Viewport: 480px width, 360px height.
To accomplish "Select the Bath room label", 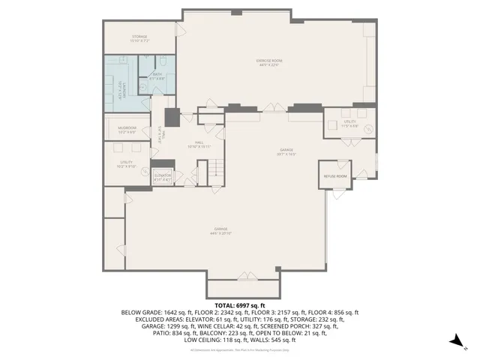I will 157,76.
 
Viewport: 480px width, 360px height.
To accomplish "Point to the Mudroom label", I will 127,130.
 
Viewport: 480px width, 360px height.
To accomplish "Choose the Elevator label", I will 163,177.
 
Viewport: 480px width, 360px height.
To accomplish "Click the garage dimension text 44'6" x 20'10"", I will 221,232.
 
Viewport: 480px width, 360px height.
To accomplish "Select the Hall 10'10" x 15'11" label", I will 199,143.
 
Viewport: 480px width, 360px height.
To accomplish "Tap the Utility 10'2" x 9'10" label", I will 127,164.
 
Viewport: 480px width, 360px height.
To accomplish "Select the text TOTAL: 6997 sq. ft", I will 239,305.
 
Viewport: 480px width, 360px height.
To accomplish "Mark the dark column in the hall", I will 172,118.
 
